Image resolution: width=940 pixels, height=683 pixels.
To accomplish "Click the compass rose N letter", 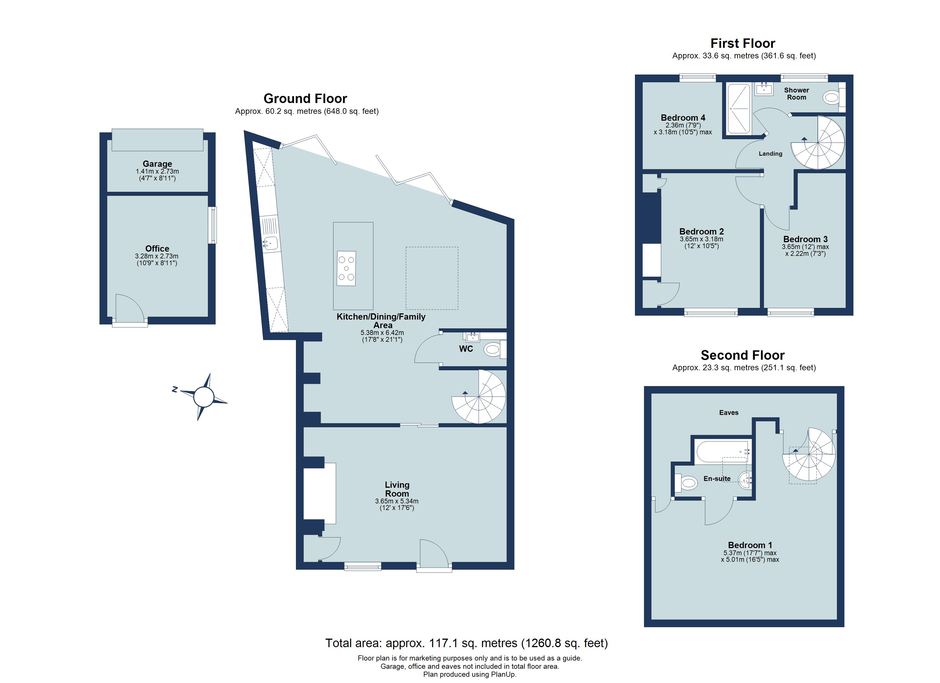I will coord(175,389).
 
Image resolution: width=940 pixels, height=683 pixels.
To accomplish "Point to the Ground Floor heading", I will coord(305,98).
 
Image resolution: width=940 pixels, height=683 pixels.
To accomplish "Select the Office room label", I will coord(157,248).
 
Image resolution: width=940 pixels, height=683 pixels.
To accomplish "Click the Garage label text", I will coord(157,164).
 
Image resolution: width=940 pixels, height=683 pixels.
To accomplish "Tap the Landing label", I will coord(770,154).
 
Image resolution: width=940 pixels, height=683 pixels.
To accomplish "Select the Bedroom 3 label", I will coord(805,239).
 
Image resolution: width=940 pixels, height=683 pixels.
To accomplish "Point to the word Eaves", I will coord(729,413).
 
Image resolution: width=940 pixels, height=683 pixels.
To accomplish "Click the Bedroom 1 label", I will coord(749,545).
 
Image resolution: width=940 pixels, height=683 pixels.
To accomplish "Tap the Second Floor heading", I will coord(742,355).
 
